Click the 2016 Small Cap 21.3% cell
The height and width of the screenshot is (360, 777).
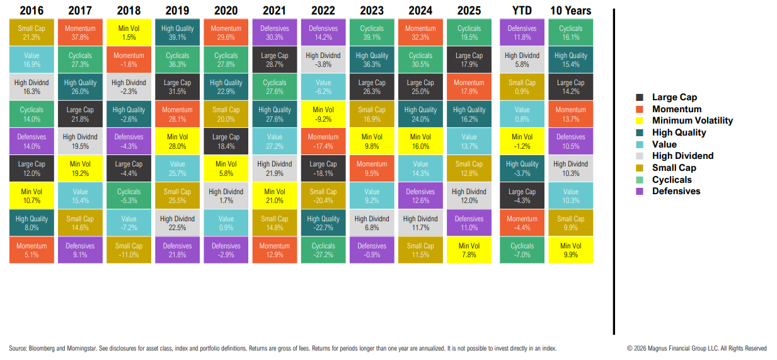click(x=32, y=32)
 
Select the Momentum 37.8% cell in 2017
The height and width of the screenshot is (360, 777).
click(x=80, y=32)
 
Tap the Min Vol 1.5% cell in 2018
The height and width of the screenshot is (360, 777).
click(x=129, y=32)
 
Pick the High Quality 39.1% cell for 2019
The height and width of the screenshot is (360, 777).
click(x=177, y=32)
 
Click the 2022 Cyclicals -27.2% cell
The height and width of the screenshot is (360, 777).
click(x=323, y=250)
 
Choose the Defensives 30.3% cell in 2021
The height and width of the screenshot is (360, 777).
click(x=274, y=32)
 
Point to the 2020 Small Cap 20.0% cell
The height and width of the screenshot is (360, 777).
click(x=226, y=113)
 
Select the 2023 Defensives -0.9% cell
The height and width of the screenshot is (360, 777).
click(x=372, y=250)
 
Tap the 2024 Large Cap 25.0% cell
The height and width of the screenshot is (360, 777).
click(x=420, y=86)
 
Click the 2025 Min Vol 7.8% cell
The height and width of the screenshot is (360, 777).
click(x=469, y=250)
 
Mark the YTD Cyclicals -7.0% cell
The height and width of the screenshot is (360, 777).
click(x=522, y=250)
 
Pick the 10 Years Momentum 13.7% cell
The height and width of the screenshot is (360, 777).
click(x=570, y=113)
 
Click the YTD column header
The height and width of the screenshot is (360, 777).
click(x=522, y=11)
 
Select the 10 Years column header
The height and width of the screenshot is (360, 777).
click(x=570, y=11)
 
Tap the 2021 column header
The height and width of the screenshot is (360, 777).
click(x=274, y=11)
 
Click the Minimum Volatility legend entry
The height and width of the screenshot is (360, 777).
click(x=692, y=120)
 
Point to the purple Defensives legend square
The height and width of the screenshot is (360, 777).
click(x=640, y=192)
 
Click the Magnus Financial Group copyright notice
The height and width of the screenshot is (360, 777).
click(x=696, y=348)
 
